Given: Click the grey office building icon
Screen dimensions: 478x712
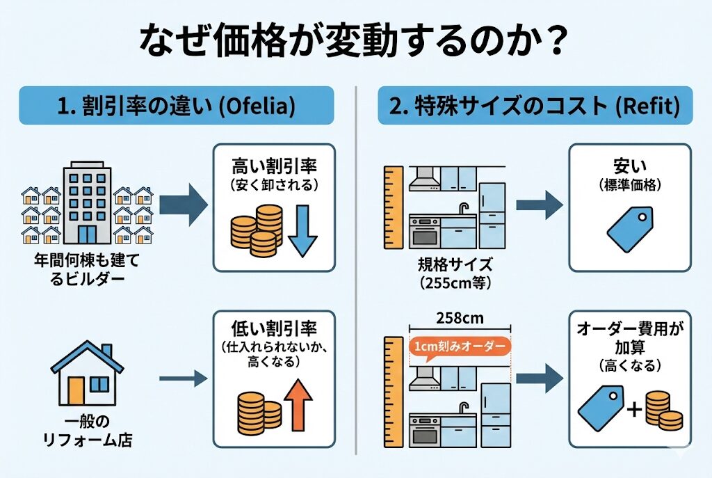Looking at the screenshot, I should pyautogui.click(x=88, y=202).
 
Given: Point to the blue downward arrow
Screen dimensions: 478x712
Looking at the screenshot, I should pyautogui.click(x=301, y=230).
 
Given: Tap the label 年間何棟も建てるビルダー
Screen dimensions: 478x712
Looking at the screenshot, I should pyautogui.click(x=88, y=272).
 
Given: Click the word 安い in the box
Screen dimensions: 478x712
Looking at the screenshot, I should pyautogui.click(x=629, y=168).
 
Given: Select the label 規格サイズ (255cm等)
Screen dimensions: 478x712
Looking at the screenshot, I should pyautogui.click(x=455, y=273).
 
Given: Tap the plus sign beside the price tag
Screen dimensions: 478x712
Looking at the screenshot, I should pyautogui.click(x=634, y=410).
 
